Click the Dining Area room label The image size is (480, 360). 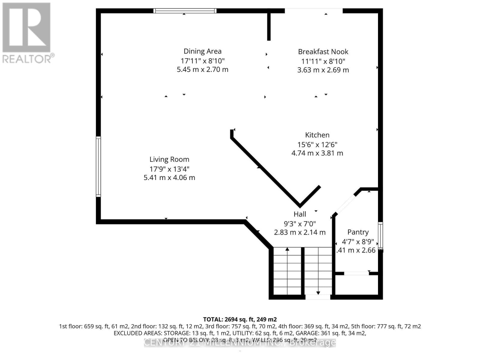point(202,51)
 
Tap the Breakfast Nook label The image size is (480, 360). point(323,52)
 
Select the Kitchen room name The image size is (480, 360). point(317,135)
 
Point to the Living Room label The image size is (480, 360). point(169,159)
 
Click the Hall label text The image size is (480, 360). point(300,214)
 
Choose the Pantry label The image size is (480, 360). point(358,232)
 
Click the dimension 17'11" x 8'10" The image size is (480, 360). point(202,61)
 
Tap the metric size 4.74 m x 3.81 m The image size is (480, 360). point(317,153)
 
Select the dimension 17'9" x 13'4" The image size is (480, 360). point(169,169)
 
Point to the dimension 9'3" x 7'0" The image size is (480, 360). point(300,224)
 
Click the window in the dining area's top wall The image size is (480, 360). point(184,11)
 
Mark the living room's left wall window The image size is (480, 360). point(98,166)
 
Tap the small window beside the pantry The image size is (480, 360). point(380,235)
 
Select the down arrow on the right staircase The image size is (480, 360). point(318,292)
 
